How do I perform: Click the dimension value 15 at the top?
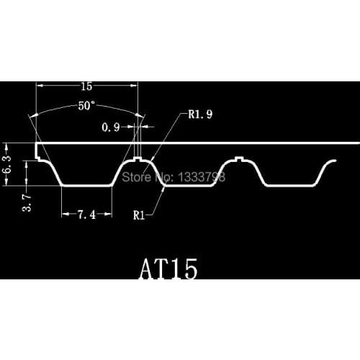click(86, 86)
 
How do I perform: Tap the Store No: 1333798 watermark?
click(176, 175)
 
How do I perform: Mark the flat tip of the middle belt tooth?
click(189, 186)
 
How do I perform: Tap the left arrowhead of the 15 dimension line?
click(40, 86)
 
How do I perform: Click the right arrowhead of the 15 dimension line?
click(134, 86)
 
